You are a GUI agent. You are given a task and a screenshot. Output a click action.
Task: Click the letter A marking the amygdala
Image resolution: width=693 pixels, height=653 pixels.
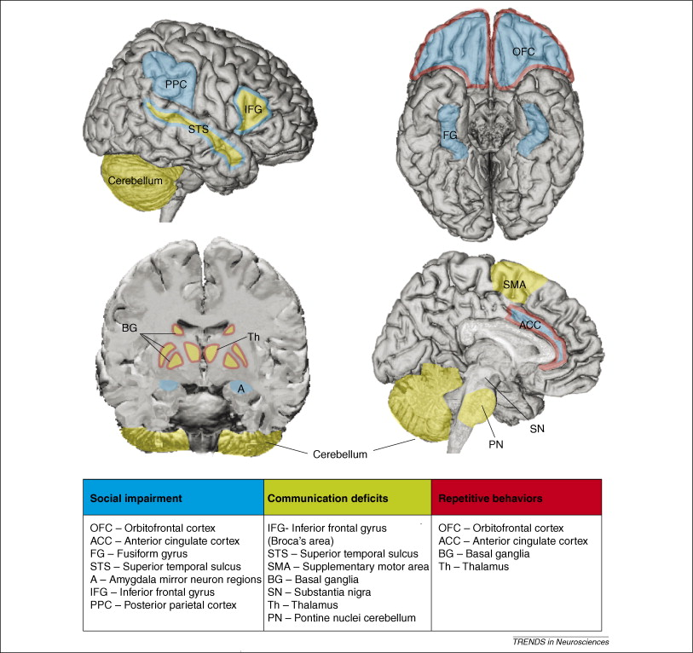tap(241, 388)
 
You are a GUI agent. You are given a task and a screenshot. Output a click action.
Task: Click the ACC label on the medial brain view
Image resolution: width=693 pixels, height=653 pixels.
tap(531, 324)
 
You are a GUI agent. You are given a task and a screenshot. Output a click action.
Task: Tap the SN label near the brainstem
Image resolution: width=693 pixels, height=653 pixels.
tap(536, 428)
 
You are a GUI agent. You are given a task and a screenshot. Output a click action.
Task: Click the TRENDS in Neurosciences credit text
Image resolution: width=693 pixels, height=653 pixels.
tap(573, 641)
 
